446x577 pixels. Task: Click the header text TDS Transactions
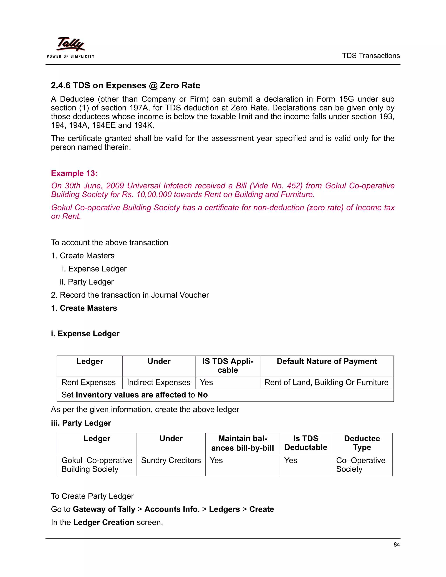pyautogui.click(x=371, y=56)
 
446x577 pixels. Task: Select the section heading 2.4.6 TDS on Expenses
pyautogui.click(x=125, y=85)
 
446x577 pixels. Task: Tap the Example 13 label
pyautogui.click(x=74, y=173)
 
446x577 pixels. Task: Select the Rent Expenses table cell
pyautogui.click(x=88, y=382)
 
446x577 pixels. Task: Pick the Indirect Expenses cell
pyautogui.click(x=159, y=382)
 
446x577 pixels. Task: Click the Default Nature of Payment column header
pyautogui.click(x=327, y=361)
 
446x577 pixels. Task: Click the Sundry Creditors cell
pyautogui.click(x=171, y=460)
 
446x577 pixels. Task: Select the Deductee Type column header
pyautogui.click(x=362, y=443)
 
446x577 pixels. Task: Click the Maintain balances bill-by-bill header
pyautogui.click(x=242, y=443)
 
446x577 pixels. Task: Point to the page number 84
pyautogui.click(x=396, y=545)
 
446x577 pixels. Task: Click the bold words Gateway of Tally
pyautogui.click(x=104, y=509)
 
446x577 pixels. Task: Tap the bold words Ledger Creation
pyautogui.click(x=104, y=522)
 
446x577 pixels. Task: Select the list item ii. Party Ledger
pyautogui.click(x=87, y=282)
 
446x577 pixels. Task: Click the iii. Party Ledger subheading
pyautogui.click(x=81, y=423)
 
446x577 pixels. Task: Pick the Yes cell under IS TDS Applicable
pyautogui.click(x=206, y=382)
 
